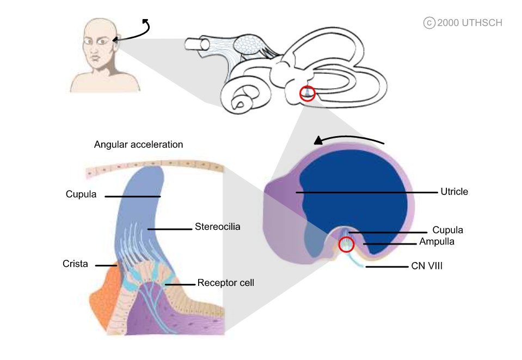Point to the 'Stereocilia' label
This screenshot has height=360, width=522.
coord(217,227)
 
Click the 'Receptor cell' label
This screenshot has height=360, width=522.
coord(225,283)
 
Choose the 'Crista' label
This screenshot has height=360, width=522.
coord(75,264)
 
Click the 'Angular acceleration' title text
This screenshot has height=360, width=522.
coord(138,145)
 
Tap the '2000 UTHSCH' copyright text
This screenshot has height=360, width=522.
coord(469,23)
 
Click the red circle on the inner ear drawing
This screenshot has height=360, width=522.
coord(308,93)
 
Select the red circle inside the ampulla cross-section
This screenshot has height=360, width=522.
coord(347,245)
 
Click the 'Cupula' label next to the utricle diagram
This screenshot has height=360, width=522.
coord(447,230)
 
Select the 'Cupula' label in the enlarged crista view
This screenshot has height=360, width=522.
coord(81,194)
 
